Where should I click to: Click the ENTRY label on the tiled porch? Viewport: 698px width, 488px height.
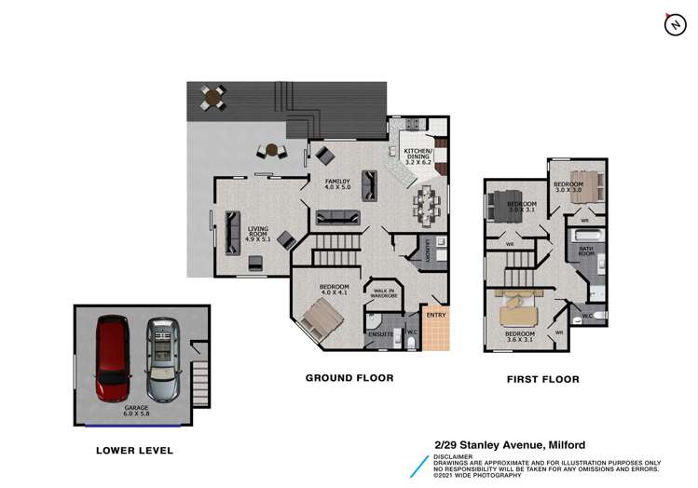click(x=435, y=315)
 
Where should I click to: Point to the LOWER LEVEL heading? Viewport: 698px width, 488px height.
click(x=135, y=451)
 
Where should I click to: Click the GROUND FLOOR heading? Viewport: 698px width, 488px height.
click(x=349, y=378)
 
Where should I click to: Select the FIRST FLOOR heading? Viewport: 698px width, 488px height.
click(x=542, y=379)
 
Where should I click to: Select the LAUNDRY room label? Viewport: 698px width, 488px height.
click(x=427, y=250)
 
